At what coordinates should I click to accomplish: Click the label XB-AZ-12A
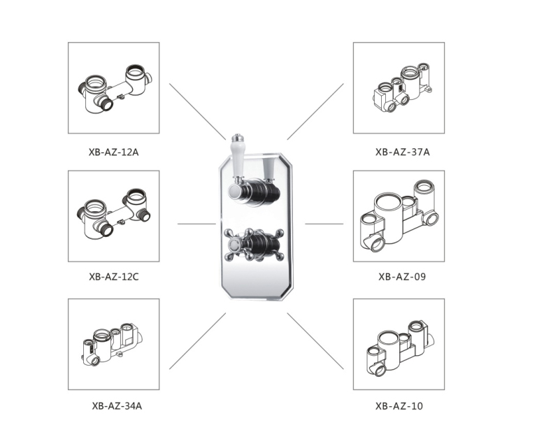(x=113, y=152)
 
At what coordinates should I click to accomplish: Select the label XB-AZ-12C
(x=114, y=276)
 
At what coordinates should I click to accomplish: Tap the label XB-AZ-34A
(x=117, y=405)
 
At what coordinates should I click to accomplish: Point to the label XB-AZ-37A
(x=402, y=152)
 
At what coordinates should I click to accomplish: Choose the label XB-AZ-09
(x=402, y=276)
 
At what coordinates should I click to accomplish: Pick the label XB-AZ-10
(x=399, y=405)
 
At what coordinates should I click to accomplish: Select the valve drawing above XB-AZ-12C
(x=114, y=214)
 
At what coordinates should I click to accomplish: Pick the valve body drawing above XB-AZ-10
(x=400, y=348)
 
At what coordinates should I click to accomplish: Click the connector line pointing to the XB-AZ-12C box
(x=196, y=224)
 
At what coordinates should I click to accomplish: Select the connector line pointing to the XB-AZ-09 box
(x=324, y=224)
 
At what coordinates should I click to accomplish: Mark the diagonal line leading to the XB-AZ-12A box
(x=198, y=112)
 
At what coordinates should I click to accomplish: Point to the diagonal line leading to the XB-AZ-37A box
(x=315, y=112)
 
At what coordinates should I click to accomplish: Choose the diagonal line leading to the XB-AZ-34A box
(x=198, y=340)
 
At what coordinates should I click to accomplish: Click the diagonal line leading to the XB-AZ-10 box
(x=315, y=340)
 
